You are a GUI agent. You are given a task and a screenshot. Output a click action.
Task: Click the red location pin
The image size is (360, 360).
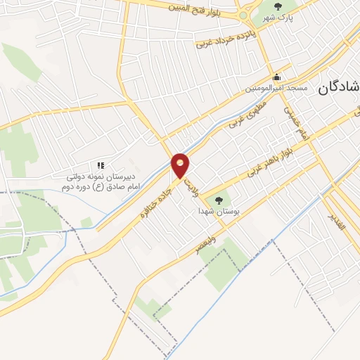click(x=181, y=165)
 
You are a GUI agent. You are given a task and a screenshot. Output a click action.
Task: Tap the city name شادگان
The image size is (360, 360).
click(x=337, y=89)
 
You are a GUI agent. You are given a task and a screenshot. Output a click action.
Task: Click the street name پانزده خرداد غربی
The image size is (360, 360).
click(x=224, y=40)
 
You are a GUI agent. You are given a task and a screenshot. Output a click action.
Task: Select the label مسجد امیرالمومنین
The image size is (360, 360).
click(x=276, y=88)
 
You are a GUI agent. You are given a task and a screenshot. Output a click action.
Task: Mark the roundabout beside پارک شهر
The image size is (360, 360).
click(x=243, y=15)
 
